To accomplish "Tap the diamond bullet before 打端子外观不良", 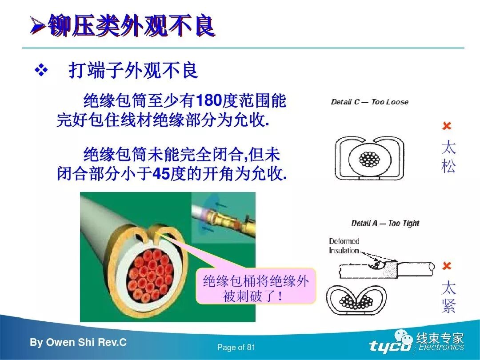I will click(41, 70).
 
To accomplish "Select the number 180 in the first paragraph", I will click(208, 101).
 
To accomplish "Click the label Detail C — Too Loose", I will click(369, 102).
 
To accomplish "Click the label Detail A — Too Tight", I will click(385, 223).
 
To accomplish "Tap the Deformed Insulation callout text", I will click(344, 246).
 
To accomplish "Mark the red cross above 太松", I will click(447, 127).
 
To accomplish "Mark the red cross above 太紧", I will click(447, 266).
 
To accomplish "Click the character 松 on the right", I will click(448, 167).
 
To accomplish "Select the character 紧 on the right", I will click(448, 306).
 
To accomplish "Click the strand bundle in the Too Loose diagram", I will click(368, 159).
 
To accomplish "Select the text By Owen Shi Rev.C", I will click(78, 343).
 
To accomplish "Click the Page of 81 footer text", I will click(236, 347).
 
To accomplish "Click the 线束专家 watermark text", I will click(440, 339).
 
